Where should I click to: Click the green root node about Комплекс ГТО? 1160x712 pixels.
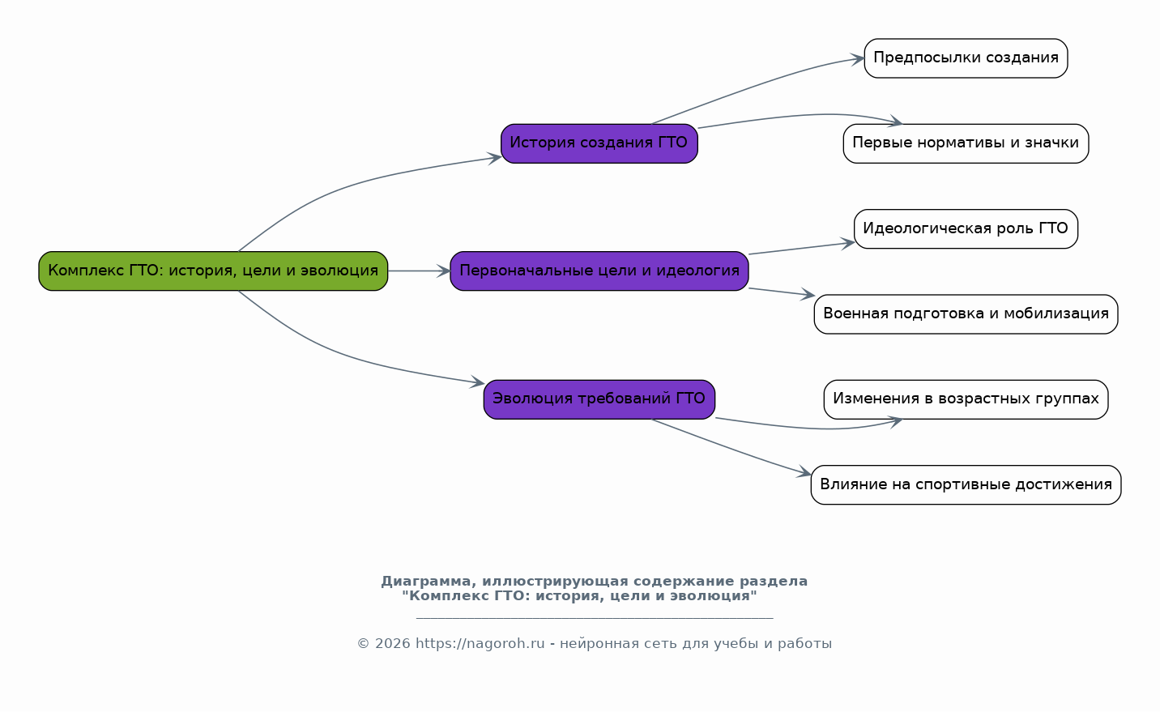[x=213, y=271]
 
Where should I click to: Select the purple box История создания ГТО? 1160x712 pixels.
[x=599, y=143]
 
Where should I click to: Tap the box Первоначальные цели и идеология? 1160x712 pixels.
[x=599, y=271]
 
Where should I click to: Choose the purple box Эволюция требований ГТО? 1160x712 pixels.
[x=599, y=399]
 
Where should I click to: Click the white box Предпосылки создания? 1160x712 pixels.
[x=966, y=58]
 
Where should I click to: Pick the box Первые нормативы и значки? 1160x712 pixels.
[x=966, y=143]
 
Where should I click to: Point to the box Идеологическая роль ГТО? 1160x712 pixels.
[x=966, y=229]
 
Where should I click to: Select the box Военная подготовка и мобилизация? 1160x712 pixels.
[x=966, y=314]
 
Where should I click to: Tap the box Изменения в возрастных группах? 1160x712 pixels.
[x=966, y=399]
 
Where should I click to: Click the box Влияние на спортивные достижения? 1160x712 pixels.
[x=966, y=484]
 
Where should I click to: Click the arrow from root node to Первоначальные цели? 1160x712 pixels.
[x=419, y=271]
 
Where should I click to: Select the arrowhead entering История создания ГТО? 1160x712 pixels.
[x=494, y=158]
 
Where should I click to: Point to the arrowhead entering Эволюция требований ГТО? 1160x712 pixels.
[x=477, y=382]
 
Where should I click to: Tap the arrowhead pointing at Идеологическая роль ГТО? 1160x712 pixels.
[x=847, y=243]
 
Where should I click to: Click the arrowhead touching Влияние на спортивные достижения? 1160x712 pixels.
[x=804, y=472]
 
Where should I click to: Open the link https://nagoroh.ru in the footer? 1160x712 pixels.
[x=480, y=644]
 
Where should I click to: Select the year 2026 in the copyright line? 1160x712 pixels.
[x=393, y=644]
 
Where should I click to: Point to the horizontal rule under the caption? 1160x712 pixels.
[x=595, y=618]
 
